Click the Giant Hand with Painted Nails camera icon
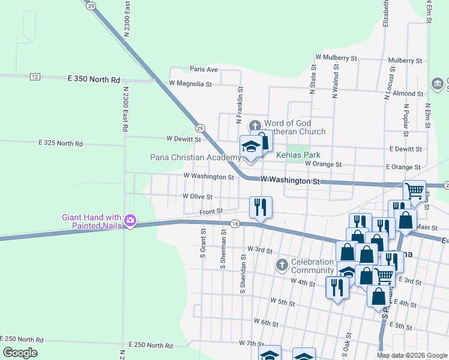[x=130, y=221]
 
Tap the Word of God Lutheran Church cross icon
[x=255, y=126]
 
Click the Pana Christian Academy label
[x=195, y=158]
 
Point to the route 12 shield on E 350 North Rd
[x=35, y=77]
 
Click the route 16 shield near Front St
[x=235, y=224]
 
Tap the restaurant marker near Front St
[x=261, y=208]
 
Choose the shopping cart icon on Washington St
[x=414, y=191]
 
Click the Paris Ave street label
[x=203, y=70]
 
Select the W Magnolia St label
[x=190, y=84]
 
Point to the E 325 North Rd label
[x=60, y=144]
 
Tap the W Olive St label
[x=197, y=197]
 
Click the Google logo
[x=20, y=353]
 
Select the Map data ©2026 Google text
[x=412, y=355]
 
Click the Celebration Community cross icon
[x=282, y=265]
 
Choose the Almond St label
[x=408, y=94]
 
